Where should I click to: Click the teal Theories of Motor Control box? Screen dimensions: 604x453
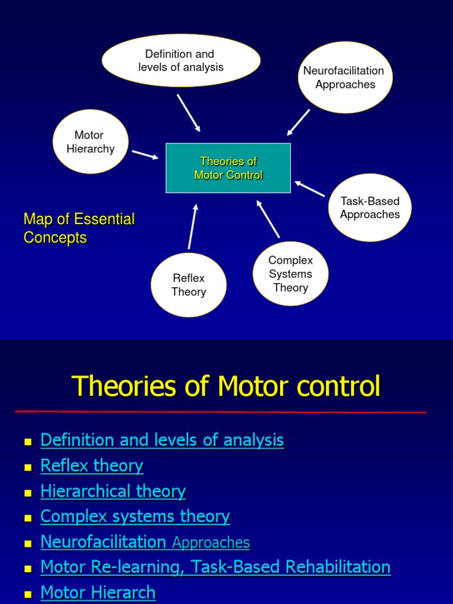[x=228, y=168]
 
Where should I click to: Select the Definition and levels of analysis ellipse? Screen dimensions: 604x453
[x=181, y=61]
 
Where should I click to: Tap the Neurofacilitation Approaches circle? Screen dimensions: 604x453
[x=345, y=77]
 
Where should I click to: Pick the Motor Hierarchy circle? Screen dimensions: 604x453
[x=90, y=142]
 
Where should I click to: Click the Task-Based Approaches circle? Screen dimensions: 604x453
[x=370, y=208]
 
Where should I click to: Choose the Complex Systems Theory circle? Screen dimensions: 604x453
[x=290, y=274]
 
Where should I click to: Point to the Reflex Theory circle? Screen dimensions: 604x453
[x=189, y=285]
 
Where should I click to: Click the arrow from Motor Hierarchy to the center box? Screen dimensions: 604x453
[x=145, y=155]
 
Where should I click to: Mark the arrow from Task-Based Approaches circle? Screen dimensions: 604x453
[x=310, y=189]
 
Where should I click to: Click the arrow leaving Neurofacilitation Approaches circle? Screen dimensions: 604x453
[x=298, y=122]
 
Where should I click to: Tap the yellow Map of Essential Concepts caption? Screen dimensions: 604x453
[x=79, y=228]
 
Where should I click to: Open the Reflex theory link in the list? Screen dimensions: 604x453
[x=91, y=465]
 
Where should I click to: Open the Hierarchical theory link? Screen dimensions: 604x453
[x=113, y=491]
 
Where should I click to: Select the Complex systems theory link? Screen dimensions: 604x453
[x=135, y=516]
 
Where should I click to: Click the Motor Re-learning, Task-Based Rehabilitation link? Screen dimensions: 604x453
[x=215, y=567]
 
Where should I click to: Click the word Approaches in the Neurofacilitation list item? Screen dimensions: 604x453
[x=211, y=543]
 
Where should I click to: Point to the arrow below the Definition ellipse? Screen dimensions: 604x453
[x=189, y=113]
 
